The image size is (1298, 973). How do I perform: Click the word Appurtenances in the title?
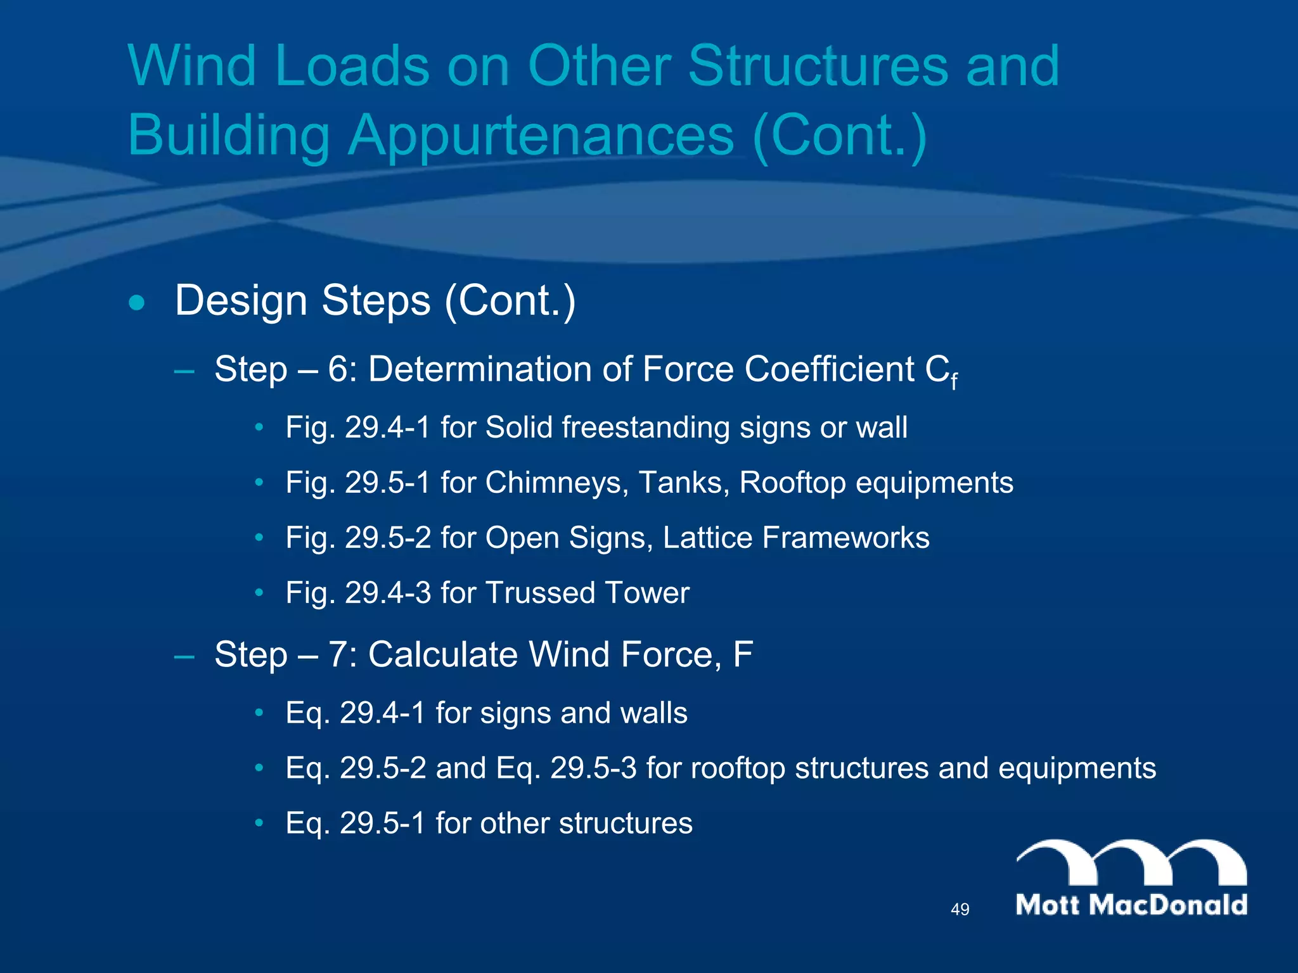(541, 136)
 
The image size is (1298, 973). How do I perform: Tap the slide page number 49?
(960, 910)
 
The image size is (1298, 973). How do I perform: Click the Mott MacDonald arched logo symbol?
(1132, 863)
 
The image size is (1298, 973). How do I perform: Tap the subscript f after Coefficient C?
(954, 381)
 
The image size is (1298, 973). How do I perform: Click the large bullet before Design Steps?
(136, 303)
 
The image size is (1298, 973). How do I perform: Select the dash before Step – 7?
(184, 656)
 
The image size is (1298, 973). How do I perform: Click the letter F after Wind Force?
(742, 654)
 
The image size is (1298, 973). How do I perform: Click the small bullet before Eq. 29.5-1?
(259, 824)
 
